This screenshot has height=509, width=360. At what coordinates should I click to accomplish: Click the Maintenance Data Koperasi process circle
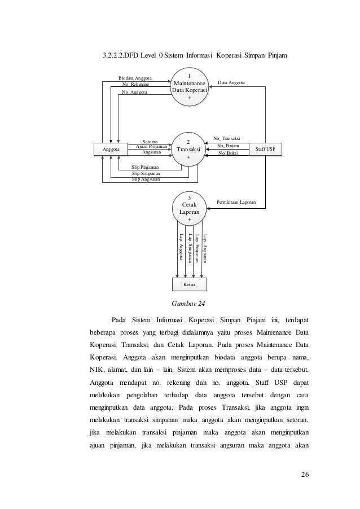[189, 86]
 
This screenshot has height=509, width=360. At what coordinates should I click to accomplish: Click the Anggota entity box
[111, 150]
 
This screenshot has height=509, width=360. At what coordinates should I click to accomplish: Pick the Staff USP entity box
[266, 150]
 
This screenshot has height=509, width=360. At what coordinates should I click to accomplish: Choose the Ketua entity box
[189, 284]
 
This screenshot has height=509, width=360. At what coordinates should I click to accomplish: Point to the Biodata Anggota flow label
[135, 78]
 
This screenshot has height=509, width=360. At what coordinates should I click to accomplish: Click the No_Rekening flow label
[135, 84]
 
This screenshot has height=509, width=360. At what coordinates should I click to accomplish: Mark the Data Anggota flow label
[231, 82]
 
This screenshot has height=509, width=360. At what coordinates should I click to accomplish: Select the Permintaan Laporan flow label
[238, 201]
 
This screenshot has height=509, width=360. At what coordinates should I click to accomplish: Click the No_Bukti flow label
[229, 152]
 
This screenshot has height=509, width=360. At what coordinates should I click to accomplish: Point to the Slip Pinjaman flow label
[145, 168]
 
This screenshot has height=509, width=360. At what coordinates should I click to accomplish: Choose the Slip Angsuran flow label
[146, 179]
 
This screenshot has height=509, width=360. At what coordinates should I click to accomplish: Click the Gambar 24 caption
[188, 305]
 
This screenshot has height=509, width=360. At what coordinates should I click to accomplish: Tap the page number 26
[305, 473]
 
